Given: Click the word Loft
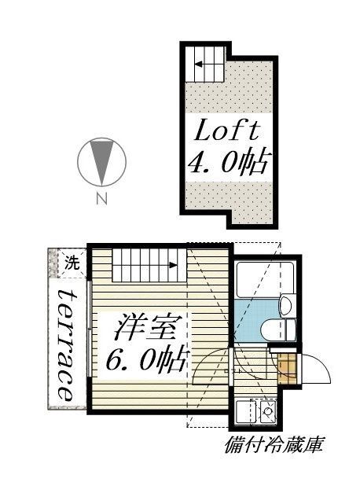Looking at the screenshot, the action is click(226, 131).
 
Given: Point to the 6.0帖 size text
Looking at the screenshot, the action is click(146, 359).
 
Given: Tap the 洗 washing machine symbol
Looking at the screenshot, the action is click(72, 263).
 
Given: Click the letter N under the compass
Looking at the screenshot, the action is click(101, 199).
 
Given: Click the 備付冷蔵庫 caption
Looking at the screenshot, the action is click(274, 445).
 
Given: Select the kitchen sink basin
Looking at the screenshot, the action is click(244, 411).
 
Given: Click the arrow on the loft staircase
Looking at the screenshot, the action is click(198, 64).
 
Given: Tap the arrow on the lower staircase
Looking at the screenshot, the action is click(174, 265).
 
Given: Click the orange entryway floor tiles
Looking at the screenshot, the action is click(287, 369).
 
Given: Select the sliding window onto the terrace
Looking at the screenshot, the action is click(89, 329).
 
